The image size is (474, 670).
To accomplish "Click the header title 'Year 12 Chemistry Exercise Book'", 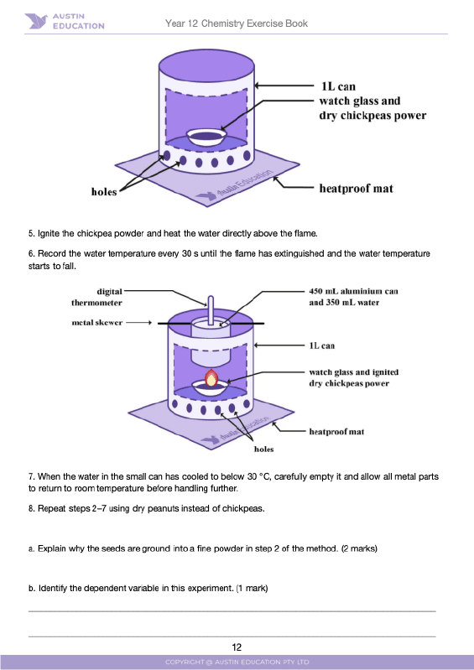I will pos(237,23).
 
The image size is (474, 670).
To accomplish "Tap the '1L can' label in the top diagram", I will pos(338,86).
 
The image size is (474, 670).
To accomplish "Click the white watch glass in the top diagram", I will pos(205,135).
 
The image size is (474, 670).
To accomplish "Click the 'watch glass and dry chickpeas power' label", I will pos(372,108).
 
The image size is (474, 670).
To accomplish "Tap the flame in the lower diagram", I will pos(212,377).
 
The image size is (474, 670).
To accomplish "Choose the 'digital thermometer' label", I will pos(97,297).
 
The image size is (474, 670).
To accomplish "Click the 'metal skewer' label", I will pos(97,321).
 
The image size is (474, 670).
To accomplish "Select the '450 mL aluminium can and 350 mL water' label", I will pos(352,297).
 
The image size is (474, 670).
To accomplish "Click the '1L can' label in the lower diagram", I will pos(323,345).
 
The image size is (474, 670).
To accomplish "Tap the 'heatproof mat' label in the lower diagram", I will pos(336,432).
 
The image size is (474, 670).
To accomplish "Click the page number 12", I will pos(237,647).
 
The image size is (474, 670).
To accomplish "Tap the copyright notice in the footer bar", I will pos(237,662).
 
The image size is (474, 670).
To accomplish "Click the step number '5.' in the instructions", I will pos(32,233).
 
